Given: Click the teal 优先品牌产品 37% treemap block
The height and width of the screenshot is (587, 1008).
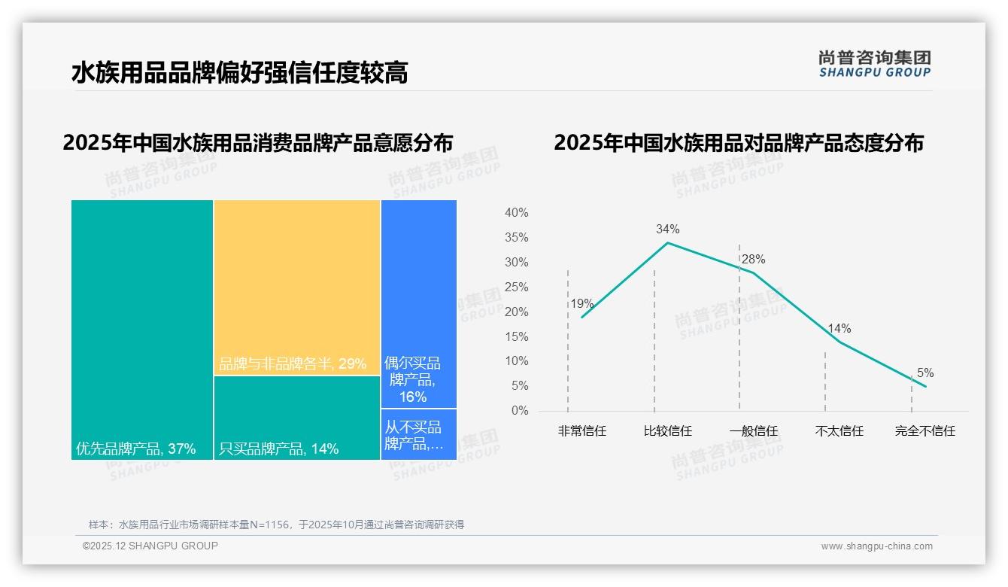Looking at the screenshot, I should (x=142, y=329).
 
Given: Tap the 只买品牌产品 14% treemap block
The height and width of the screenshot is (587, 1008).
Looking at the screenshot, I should (x=297, y=418).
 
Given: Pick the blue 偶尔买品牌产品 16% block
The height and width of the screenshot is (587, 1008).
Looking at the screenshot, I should (x=418, y=303).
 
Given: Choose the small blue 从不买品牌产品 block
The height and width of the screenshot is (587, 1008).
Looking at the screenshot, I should (x=418, y=434).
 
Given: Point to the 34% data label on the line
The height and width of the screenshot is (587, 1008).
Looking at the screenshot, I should (x=667, y=229).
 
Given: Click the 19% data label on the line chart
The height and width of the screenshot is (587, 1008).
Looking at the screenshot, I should (x=581, y=304).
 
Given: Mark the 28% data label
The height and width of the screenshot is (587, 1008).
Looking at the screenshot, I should (x=753, y=260).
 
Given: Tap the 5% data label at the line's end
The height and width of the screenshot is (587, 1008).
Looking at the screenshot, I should (x=925, y=373).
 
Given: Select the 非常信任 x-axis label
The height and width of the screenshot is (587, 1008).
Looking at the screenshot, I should (x=581, y=431).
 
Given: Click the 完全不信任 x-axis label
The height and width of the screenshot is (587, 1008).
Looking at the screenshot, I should (x=925, y=431).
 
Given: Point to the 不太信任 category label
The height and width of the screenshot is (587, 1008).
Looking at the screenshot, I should (x=839, y=431).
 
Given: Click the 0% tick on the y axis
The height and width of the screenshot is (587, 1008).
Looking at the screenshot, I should (x=520, y=411).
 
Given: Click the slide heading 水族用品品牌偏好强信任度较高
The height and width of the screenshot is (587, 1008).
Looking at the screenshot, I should (x=239, y=73).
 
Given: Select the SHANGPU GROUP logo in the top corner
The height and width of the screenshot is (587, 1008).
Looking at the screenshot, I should (x=874, y=63).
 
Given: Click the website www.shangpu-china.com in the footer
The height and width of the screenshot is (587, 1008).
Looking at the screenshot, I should (x=876, y=546).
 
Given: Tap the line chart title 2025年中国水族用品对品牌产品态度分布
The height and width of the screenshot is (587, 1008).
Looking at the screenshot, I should (x=738, y=143).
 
